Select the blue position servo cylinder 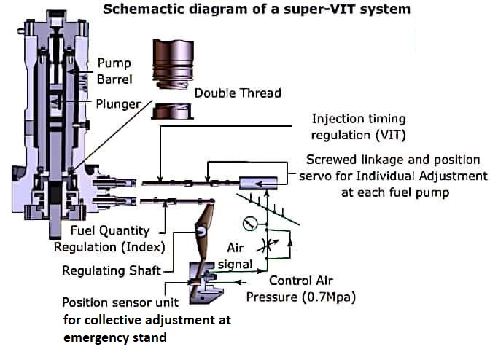258,183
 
